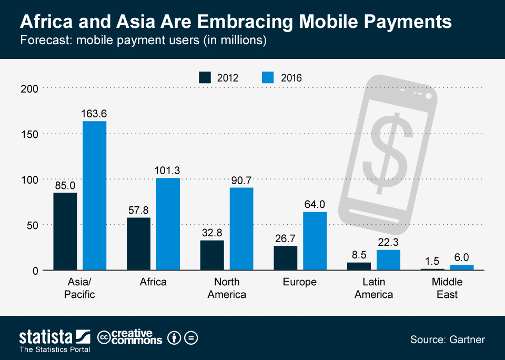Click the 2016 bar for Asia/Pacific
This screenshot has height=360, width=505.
(x=94, y=196)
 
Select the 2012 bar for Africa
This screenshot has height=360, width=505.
(x=139, y=244)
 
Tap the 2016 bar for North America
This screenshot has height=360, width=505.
(x=241, y=229)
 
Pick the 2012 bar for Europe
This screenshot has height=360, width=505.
(x=286, y=258)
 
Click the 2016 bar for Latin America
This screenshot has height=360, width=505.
(x=388, y=260)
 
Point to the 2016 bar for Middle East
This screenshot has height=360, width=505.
(x=462, y=267)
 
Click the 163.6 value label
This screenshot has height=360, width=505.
(x=94, y=114)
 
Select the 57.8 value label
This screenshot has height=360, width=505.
(x=139, y=209)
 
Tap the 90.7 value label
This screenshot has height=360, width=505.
(x=241, y=180)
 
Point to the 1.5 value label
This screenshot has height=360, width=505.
(x=432, y=261)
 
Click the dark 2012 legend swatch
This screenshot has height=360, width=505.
(x=205, y=77)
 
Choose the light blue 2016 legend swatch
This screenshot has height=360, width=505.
(x=267, y=77)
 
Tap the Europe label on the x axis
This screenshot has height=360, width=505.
(x=300, y=282)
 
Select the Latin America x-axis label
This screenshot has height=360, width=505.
(x=373, y=288)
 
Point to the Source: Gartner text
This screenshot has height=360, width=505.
(x=447, y=339)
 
